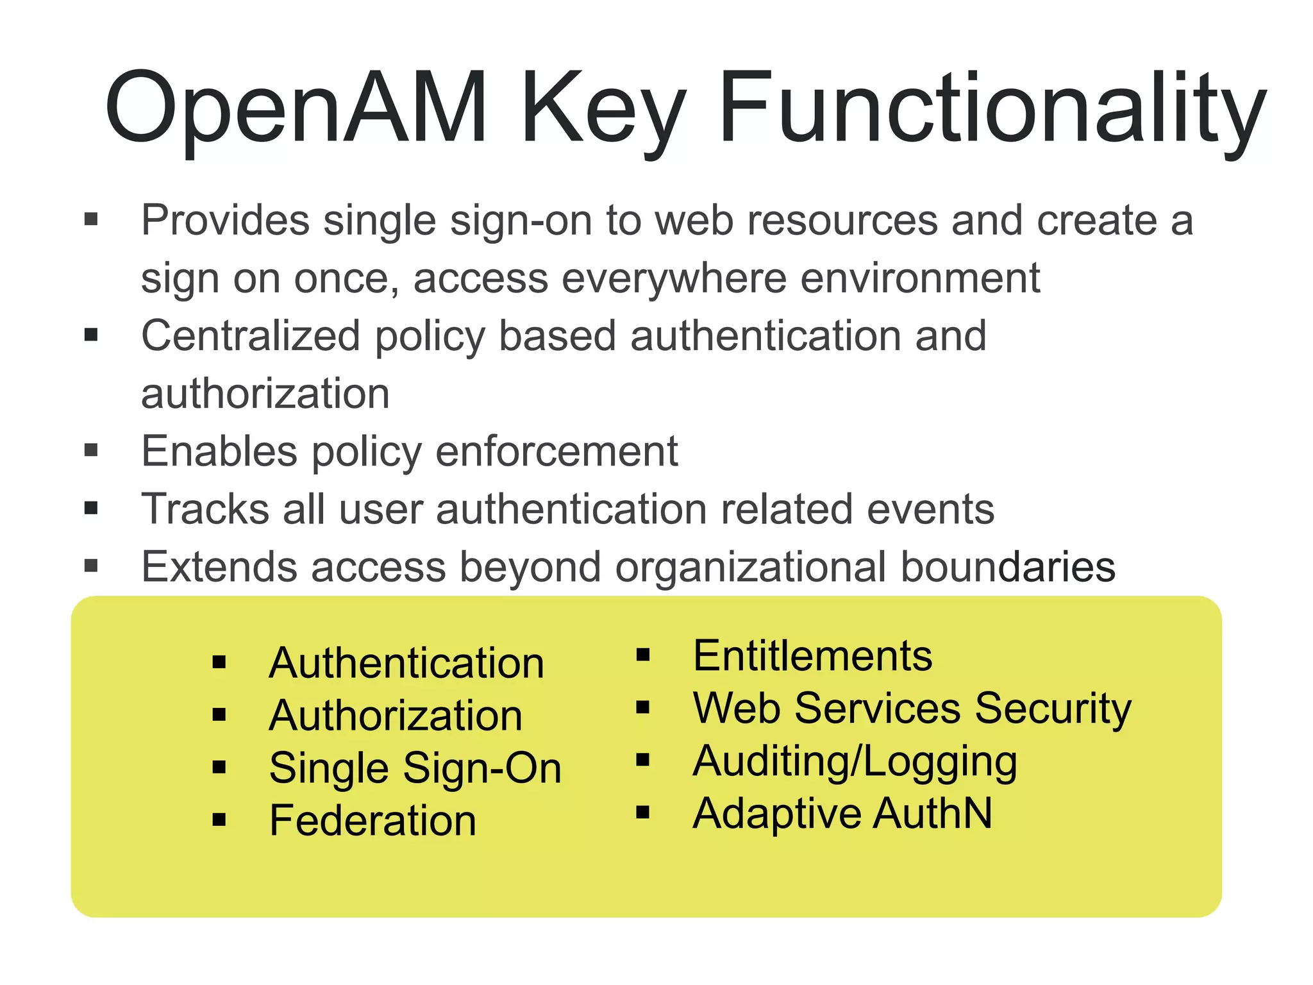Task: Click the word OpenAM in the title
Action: [295, 108]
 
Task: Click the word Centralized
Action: [251, 336]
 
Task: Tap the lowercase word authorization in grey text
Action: [265, 394]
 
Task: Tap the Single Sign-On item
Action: [415, 768]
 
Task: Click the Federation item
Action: [372, 820]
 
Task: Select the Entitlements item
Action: [812, 656]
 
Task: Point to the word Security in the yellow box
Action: [1053, 709]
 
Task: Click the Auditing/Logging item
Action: [855, 761]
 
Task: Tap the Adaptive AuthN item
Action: [842, 814]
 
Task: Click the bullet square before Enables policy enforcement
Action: [91, 451]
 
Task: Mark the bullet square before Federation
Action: [219, 820]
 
